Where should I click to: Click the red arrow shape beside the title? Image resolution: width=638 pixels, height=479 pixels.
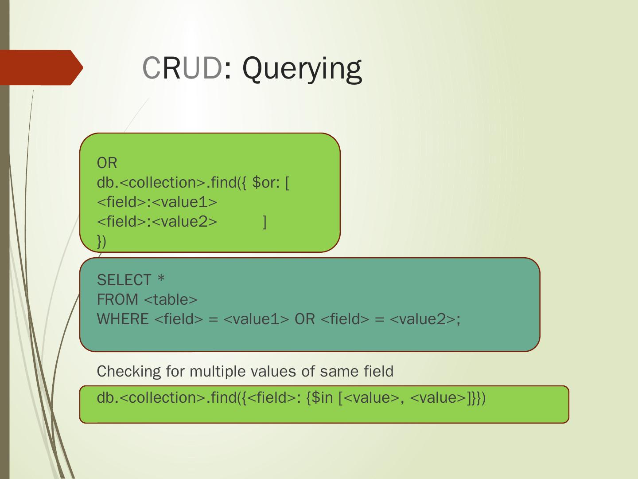coord(41,67)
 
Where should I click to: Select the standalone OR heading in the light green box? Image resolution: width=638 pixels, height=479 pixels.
coord(107,163)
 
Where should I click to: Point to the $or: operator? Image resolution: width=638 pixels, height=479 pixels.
coord(266,183)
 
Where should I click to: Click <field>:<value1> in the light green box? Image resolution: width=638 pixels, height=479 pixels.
coord(157,202)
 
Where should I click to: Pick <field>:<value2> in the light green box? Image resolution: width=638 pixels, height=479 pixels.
coord(157,222)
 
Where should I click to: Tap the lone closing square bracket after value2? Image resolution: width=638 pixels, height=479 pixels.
coord(265,222)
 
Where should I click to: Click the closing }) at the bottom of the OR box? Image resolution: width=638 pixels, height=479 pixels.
coord(101,241)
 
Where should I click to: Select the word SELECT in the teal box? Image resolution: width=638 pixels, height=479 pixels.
coord(124,280)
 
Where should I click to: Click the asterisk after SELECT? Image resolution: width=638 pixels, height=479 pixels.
coord(161,279)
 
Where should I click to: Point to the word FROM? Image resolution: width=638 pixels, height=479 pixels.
coord(117,300)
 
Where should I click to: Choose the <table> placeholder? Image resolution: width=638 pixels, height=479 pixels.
coord(171,300)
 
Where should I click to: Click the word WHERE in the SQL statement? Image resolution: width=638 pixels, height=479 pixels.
coord(123,319)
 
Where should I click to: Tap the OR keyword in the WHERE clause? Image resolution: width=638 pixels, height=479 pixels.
coord(305,319)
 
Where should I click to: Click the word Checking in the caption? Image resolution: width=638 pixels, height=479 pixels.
coord(128,371)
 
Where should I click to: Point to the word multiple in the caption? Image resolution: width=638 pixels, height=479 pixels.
coord(215,371)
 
